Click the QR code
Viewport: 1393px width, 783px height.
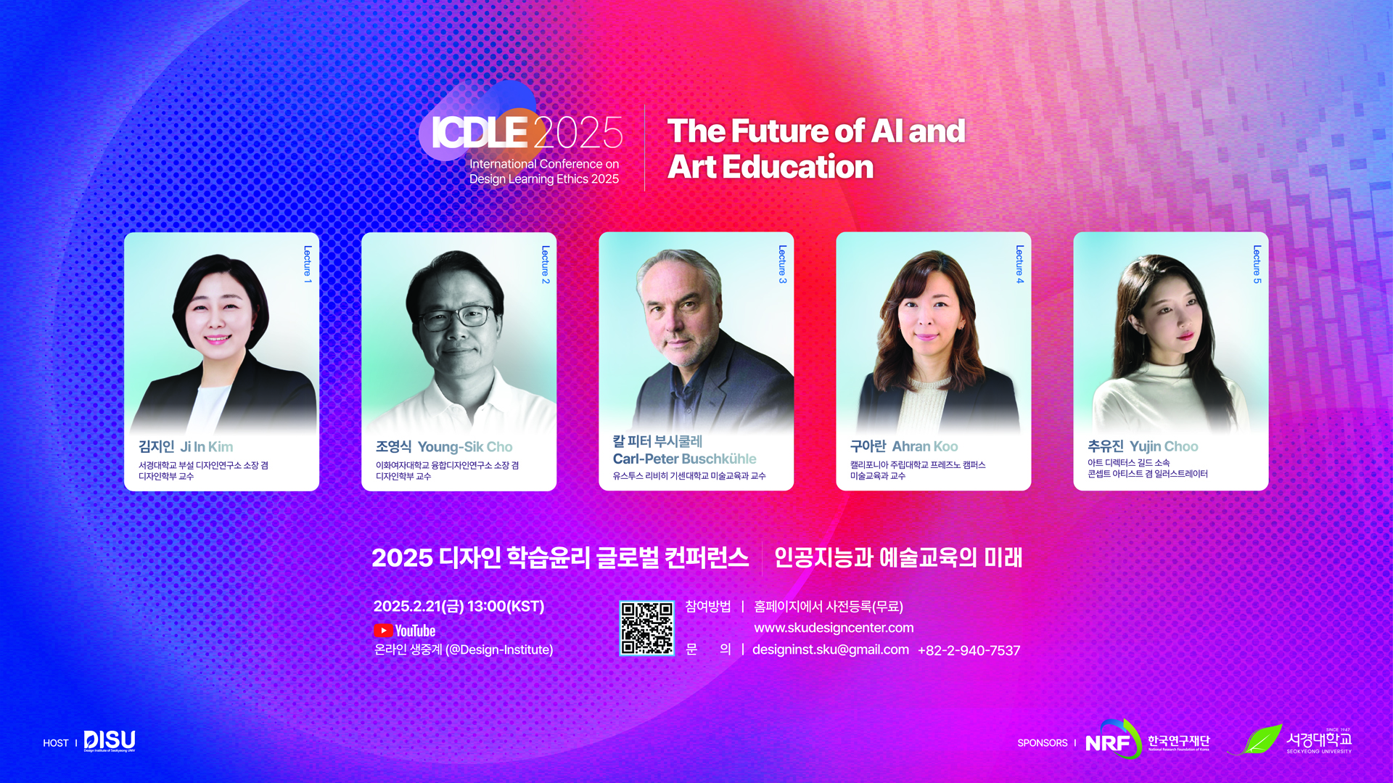[646, 628]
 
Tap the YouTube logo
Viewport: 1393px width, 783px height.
[405, 631]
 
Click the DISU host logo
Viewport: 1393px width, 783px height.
[110, 741]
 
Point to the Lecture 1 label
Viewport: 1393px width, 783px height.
[308, 264]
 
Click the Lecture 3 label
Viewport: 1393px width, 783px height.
[782, 264]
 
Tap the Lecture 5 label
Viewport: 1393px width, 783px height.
[1257, 264]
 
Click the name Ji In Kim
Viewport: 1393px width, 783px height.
[207, 447]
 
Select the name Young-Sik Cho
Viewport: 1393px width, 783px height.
[465, 447]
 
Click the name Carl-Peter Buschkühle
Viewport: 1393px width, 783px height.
[684, 459]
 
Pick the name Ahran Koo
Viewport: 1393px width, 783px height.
[925, 446]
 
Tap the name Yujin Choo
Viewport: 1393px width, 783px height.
[1164, 446]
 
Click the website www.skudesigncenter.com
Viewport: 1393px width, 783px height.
[834, 628]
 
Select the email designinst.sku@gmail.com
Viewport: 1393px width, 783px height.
[831, 649]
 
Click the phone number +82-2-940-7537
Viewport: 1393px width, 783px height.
[969, 650]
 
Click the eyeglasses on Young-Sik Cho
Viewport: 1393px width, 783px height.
[456, 316]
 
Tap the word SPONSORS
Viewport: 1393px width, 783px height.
[1043, 743]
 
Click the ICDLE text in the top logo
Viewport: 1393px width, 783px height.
[480, 133]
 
